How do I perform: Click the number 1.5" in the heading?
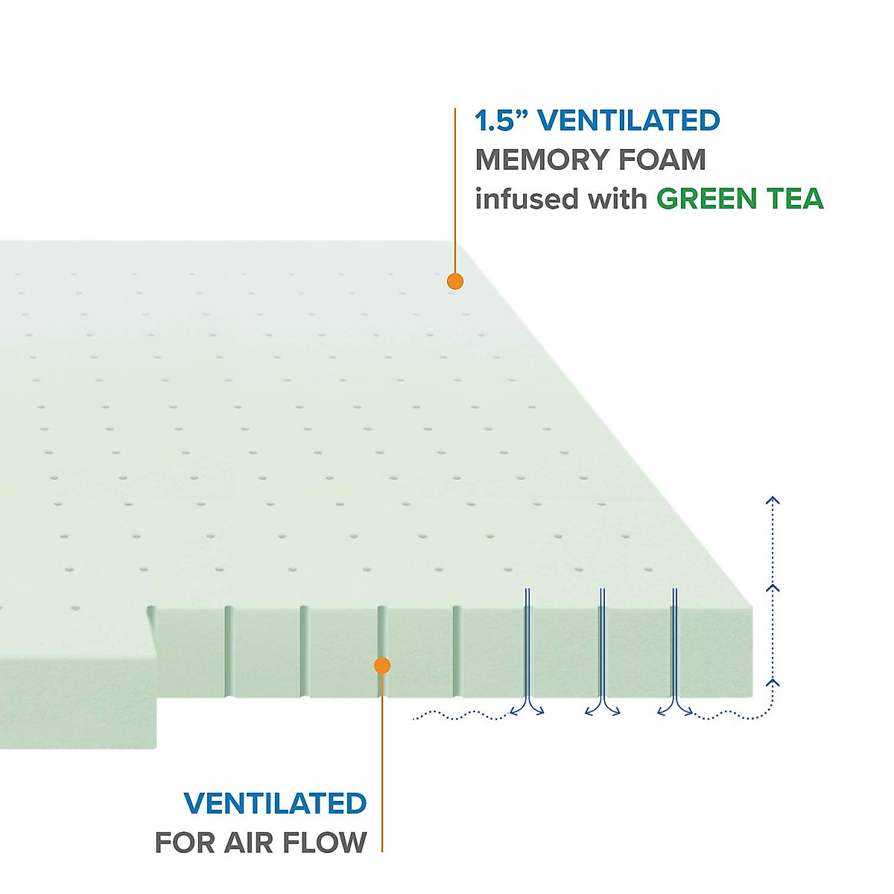pos(501,121)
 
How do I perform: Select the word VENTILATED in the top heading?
pos(629,121)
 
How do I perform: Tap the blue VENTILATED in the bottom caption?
pos(275,803)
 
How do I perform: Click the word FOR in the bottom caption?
pos(186,843)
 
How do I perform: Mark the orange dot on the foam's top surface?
pos(455,281)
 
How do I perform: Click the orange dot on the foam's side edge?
pos(382,665)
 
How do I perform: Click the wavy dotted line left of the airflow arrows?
pos(458,716)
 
